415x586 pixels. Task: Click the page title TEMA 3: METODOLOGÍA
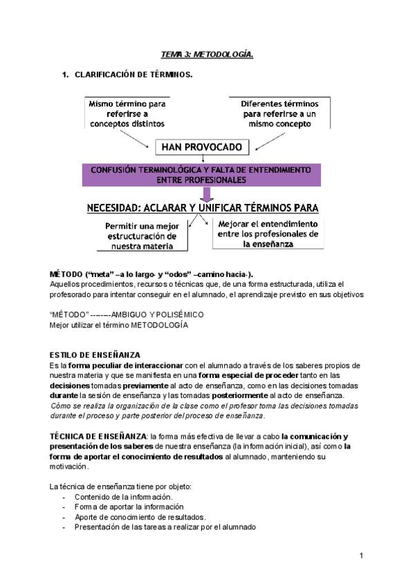[206, 54]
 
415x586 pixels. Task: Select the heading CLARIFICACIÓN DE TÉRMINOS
[133, 73]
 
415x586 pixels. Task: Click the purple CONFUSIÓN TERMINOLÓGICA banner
[201, 175]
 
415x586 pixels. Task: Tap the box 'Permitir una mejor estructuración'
[141, 236]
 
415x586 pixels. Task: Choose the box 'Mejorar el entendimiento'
[268, 234]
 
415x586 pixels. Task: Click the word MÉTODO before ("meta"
[66, 274]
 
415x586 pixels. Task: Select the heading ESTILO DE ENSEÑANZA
[95, 355]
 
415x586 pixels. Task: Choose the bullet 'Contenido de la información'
[123, 497]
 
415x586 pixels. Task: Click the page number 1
[361, 556]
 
